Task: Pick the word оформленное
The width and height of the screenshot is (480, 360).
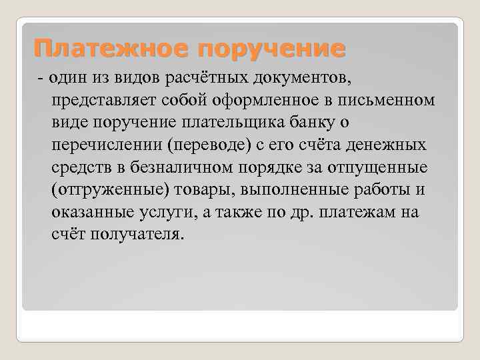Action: click(x=254, y=100)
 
